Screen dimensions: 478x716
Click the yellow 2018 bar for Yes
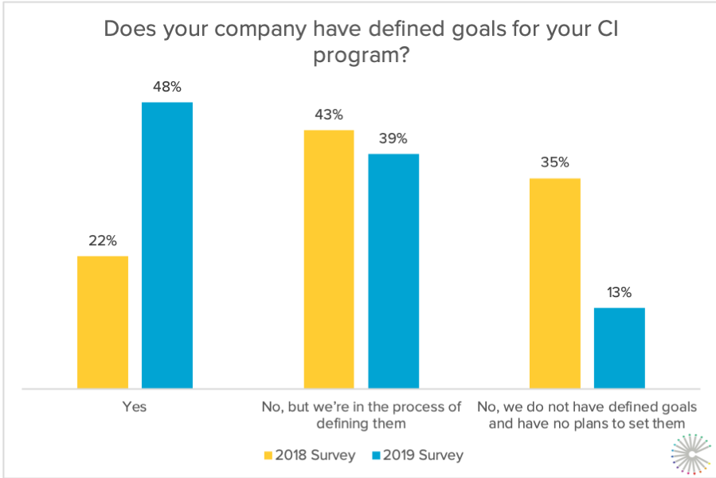(103, 322)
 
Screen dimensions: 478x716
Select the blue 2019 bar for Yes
(167, 245)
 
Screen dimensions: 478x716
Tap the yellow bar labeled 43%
(328, 259)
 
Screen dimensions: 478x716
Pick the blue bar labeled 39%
(393, 271)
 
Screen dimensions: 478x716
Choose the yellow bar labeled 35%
(554, 283)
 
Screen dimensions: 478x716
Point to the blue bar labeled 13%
(619, 348)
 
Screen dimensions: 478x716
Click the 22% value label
(103, 240)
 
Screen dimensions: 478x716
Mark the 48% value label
(167, 86)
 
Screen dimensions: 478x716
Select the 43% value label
(328, 114)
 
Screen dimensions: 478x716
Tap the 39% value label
(393, 138)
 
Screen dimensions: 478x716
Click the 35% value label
(554, 163)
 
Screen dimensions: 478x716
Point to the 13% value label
(619, 292)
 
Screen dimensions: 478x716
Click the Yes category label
(135, 406)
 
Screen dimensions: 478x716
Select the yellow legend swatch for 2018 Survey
(268, 456)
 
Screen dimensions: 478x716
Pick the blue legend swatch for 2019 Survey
(375, 456)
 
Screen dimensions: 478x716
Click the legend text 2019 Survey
(422, 456)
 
